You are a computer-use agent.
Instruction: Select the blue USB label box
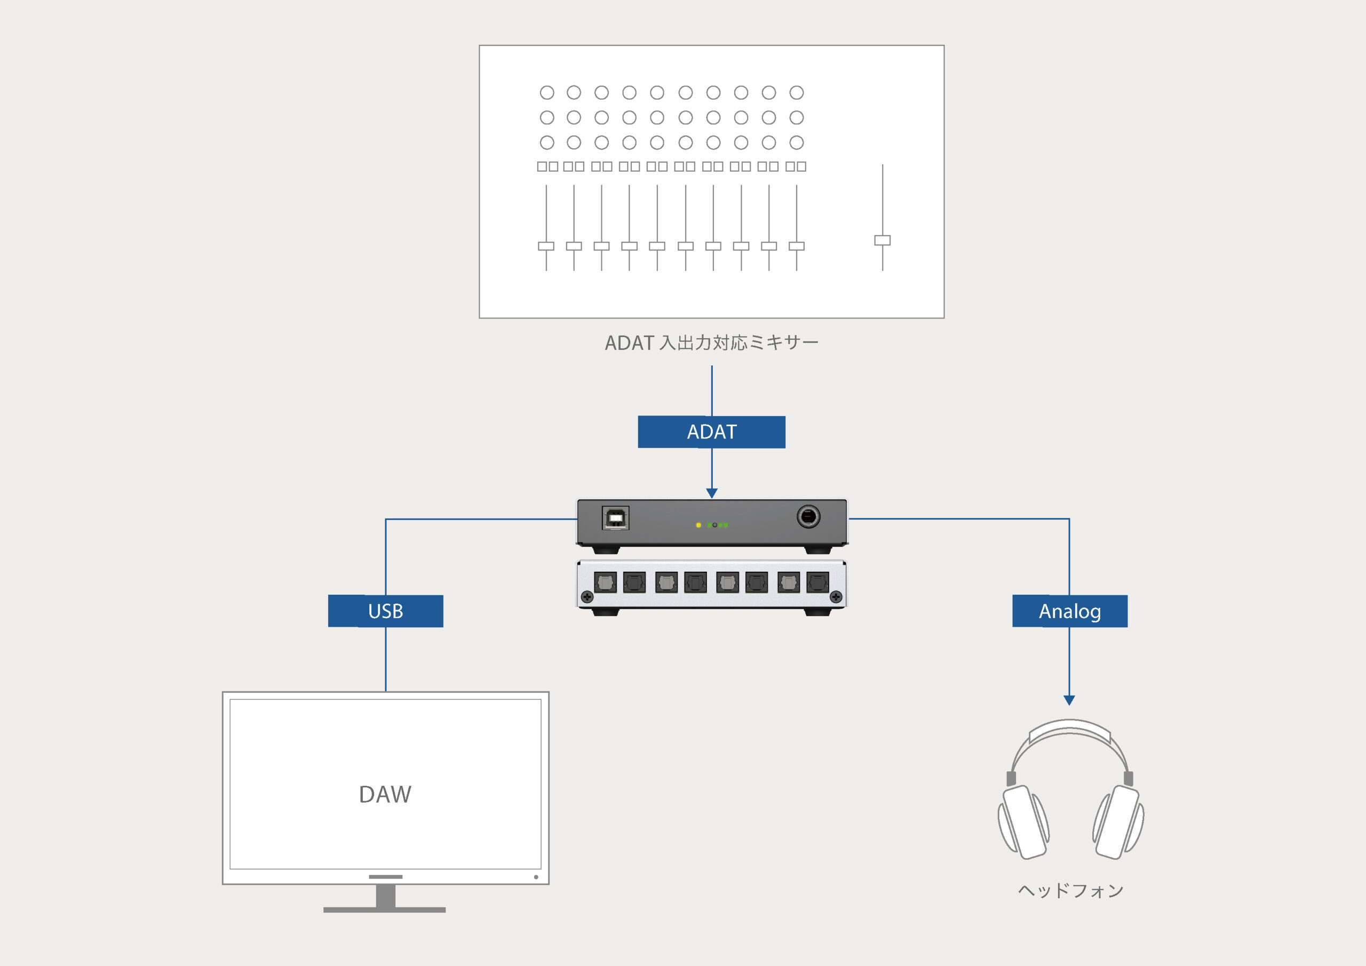click(386, 611)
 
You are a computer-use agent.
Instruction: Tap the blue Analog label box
click(1070, 611)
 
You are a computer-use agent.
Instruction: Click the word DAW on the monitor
click(385, 795)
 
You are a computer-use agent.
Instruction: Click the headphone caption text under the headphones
click(1070, 890)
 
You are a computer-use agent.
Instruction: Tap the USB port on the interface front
click(615, 518)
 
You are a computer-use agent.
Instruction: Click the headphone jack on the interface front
click(808, 517)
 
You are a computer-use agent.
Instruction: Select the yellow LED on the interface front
click(698, 525)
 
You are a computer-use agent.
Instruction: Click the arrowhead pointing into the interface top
click(712, 493)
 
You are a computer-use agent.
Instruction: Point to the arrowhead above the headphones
click(1069, 700)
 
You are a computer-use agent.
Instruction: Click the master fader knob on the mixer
click(883, 241)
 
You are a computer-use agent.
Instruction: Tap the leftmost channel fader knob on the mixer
click(546, 246)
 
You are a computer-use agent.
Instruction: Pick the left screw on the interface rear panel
click(587, 596)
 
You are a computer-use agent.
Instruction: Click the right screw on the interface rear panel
click(836, 596)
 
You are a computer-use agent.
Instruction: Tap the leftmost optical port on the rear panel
click(605, 582)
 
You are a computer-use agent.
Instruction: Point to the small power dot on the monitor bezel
click(536, 877)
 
